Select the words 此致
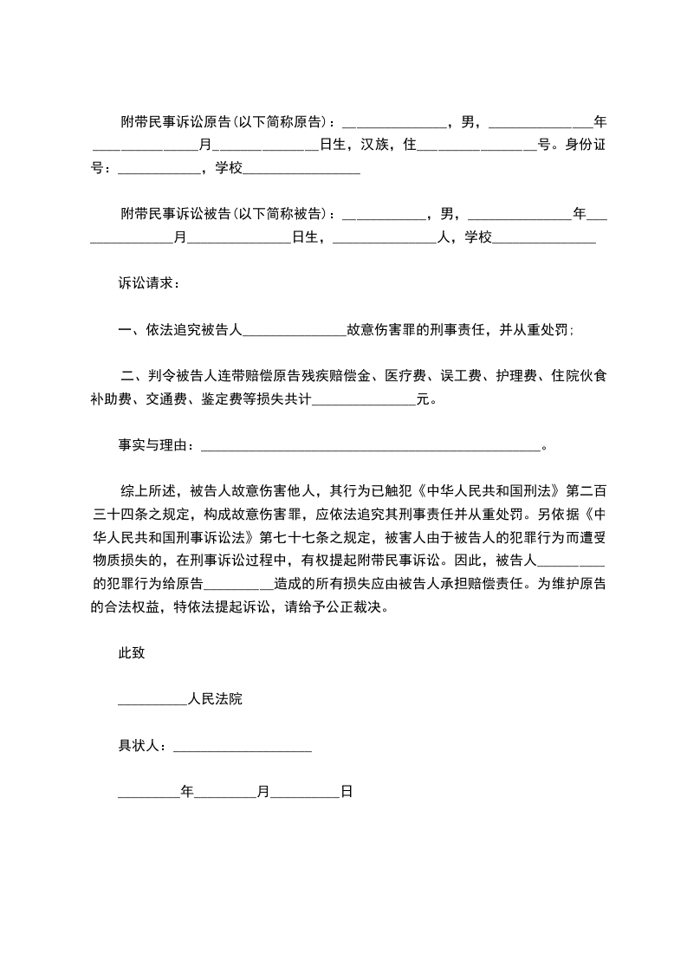[x=132, y=653]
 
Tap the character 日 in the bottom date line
[x=346, y=792]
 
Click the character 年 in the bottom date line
[x=187, y=792]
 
